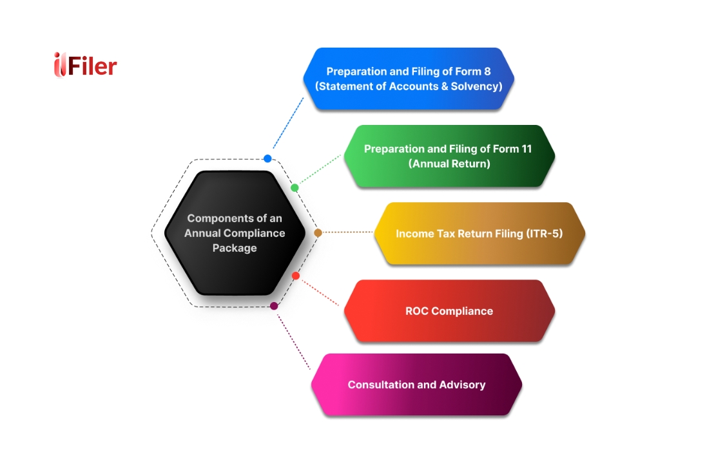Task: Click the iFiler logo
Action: click(85, 65)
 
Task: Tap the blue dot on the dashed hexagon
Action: click(267, 158)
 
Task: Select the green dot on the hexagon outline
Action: click(295, 188)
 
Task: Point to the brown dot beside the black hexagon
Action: click(318, 232)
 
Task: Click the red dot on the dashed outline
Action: click(296, 276)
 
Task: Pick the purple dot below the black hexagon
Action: click(274, 306)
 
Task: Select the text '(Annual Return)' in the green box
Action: click(449, 164)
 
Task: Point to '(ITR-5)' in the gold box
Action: click(545, 233)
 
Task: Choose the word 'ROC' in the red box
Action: click(417, 311)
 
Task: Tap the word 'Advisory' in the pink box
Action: click(462, 384)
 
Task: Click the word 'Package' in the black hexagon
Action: click(235, 248)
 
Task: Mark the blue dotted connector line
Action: click(287, 124)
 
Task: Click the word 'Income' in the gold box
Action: click(413, 233)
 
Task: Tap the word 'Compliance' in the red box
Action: click(462, 311)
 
